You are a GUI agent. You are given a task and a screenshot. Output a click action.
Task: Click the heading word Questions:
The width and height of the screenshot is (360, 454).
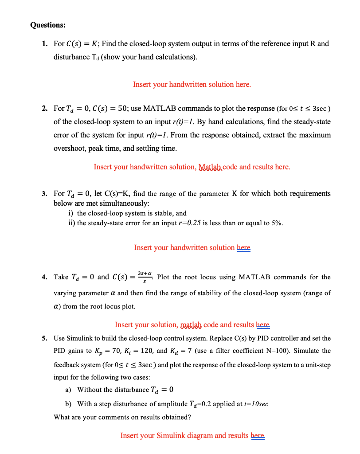(48, 25)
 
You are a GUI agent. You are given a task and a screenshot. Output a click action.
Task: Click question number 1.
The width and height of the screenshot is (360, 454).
(45, 44)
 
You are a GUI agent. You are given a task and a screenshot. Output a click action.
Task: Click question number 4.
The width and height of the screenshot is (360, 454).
(45, 278)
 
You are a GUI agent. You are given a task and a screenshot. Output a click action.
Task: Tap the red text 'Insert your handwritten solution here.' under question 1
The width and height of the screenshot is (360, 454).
(192, 84)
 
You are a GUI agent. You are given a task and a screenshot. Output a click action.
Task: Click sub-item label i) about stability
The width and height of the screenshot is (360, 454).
(70, 213)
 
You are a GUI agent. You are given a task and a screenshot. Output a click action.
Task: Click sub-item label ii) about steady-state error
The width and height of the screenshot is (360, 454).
(71, 223)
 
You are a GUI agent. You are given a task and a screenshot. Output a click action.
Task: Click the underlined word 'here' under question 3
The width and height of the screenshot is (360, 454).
(243, 247)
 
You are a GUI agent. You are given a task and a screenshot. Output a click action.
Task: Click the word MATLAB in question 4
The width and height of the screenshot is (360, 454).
(254, 278)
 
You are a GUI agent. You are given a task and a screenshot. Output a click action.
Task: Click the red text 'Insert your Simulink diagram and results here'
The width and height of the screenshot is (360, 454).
(192, 435)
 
